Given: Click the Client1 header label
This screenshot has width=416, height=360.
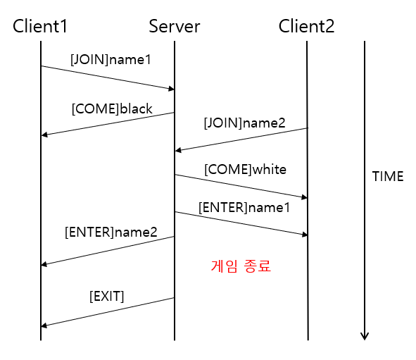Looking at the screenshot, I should (40, 27).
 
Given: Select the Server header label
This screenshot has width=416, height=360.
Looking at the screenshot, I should (174, 27).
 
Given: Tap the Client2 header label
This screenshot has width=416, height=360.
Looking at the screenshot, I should (306, 27).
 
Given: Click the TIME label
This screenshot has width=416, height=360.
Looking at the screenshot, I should (387, 177).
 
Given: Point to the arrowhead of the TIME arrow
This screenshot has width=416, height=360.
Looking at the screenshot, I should (365, 336).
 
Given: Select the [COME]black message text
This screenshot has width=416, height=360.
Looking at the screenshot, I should (112, 108).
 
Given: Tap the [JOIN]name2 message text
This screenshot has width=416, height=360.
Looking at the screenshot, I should (244, 123).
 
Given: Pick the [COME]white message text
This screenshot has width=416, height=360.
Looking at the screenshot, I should (245, 170).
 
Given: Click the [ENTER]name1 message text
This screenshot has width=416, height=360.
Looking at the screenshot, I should (244, 208).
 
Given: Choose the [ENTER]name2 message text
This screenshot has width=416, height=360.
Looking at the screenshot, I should (111, 231).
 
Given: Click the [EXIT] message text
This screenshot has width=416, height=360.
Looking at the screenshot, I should (106, 297).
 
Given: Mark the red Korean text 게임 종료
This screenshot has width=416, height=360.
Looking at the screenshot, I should (241, 266).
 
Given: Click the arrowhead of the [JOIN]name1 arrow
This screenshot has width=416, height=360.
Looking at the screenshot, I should (171, 89).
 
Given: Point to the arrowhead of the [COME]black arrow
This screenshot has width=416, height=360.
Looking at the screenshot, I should (44, 134).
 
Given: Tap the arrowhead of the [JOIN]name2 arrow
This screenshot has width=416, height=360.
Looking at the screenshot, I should (178, 150).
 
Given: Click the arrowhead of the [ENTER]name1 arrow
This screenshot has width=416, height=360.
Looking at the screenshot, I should (304, 235).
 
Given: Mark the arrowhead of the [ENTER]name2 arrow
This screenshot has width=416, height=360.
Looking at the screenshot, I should (44, 264).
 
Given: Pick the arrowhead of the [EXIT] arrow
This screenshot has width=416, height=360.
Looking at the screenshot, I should (44, 325).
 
